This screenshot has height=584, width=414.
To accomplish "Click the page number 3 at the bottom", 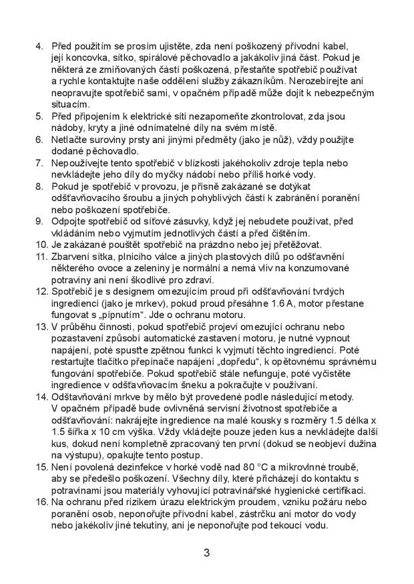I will [x=207, y=553].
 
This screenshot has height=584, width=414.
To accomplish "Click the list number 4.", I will [x=38, y=47].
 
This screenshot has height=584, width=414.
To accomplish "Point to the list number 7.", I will [x=38, y=163].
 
